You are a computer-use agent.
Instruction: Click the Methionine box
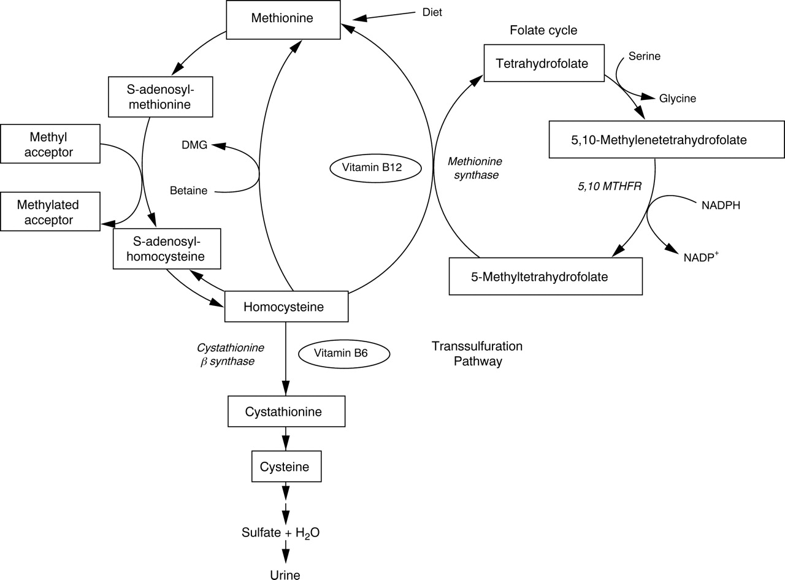pos(282,18)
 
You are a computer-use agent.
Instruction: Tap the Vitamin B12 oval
pos(375,167)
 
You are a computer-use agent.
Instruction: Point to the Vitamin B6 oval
pos(344,353)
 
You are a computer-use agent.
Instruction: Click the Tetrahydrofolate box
pos(543,63)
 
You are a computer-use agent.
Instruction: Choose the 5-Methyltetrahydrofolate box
pos(545,277)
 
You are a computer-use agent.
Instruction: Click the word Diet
pos(432,12)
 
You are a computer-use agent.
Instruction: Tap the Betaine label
pos(188,191)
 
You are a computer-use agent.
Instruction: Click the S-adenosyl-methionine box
pos(160,96)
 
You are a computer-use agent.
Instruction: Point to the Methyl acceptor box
pos(50,143)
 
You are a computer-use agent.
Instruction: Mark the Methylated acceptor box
pos(50,212)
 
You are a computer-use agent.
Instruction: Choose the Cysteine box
pos(286,467)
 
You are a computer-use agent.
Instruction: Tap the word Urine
pos(285,574)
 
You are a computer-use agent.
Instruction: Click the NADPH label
pos(721,205)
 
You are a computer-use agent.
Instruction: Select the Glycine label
pos(678,98)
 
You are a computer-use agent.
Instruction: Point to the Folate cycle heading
pos(543,30)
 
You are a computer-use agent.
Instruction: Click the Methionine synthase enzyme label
pos(475,168)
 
